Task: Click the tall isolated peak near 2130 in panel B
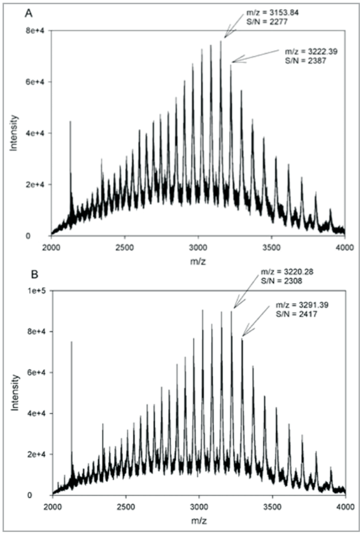coord(72,348)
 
